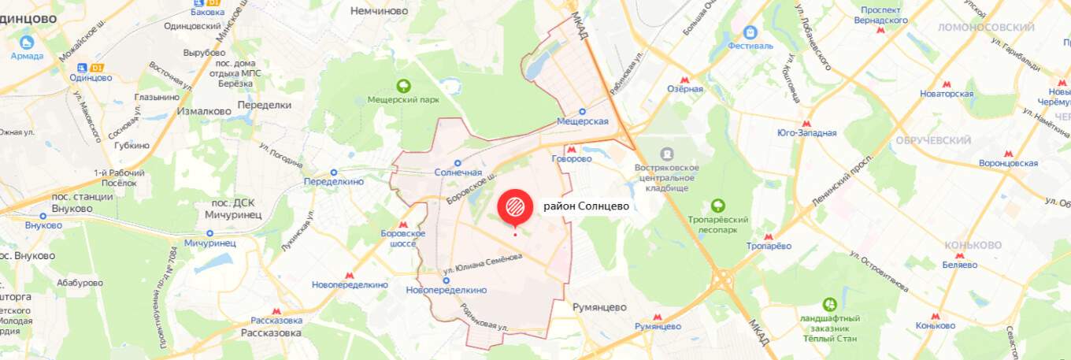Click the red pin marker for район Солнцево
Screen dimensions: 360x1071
tap(514, 207)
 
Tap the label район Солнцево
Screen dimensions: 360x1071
tap(586, 206)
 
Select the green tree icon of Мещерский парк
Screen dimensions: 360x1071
tap(403, 87)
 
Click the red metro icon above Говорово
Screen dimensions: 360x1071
tap(572, 148)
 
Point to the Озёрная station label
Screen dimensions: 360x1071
tap(685, 89)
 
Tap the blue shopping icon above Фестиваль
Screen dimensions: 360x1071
tap(750, 32)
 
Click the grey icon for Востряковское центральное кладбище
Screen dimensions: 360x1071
tap(667, 154)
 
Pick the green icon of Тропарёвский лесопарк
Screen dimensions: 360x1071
tap(717, 206)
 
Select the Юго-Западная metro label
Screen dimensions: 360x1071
tap(806, 133)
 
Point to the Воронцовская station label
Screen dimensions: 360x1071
tap(1008, 163)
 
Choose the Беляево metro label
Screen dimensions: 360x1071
tap(959, 265)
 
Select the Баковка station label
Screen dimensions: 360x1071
tap(207, 12)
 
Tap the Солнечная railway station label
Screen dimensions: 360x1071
tap(458, 173)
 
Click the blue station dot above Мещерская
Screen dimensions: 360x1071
tap(583, 112)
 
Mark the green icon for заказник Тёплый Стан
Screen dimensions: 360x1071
tap(829, 304)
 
